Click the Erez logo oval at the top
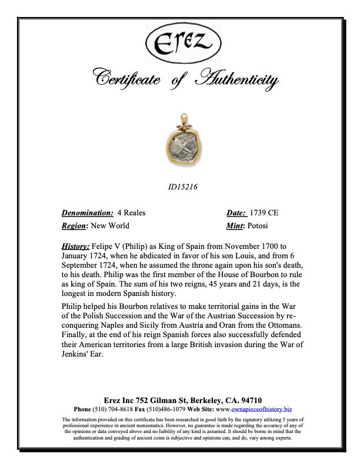coord(180,42)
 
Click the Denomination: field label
coord(88,213)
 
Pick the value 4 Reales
coord(131,213)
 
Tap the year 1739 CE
coord(265,213)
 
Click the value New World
coord(111,226)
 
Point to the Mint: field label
coord(238,226)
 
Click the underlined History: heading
coord(76,245)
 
